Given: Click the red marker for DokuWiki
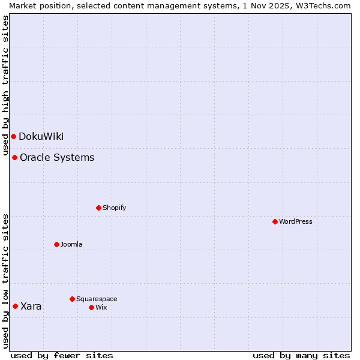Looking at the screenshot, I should (x=13, y=136).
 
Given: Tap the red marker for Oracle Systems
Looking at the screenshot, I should (x=14, y=157).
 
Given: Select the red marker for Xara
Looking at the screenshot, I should (x=15, y=306).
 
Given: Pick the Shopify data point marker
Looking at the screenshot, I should (x=98, y=208).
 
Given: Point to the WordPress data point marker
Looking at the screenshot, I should (x=275, y=221).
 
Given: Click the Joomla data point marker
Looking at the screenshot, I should (x=56, y=244).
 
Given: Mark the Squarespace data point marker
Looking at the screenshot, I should (x=72, y=299).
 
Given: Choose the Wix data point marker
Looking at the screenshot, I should (x=91, y=307).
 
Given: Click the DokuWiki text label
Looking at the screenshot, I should (x=41, y=136).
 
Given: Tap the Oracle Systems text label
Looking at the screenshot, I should (x=57, y=157).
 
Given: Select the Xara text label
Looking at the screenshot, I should (x=31, y=306).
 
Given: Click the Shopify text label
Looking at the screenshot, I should (x=114, y=208).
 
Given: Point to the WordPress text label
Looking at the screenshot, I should (x=296, y=221).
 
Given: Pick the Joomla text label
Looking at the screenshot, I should (x=71, y=244).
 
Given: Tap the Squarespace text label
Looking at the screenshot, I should (x=97, y=299).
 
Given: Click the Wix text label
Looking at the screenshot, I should (x=101, y=307).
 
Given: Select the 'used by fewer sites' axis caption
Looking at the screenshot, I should (x=62, y=355).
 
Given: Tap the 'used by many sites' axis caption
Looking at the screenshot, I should (x=301, y=355).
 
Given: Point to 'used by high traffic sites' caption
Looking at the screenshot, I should (x=5, y=84).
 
